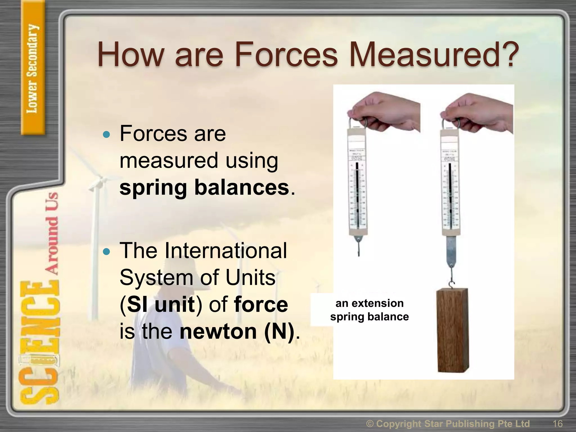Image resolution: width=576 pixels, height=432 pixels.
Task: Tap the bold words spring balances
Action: click(204, 187)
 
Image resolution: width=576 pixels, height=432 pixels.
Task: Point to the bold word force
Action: click(261, 305)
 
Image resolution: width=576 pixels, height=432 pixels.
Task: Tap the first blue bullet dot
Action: click(107, 135)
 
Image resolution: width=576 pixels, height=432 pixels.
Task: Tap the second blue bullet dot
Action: click(107, 252)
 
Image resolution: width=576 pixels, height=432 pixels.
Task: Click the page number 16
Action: click(557, 424)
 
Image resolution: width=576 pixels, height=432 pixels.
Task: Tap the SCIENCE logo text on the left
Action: click(39, 343)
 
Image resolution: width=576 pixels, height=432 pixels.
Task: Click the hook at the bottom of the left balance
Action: click(359, 247)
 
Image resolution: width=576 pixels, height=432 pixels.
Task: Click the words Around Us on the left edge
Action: click(52, 233)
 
